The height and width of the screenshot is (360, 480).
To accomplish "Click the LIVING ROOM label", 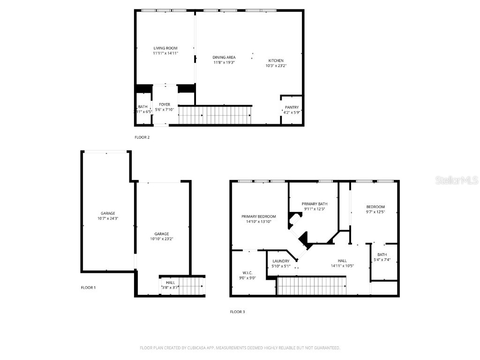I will pyautogui.click(x=165, y=48).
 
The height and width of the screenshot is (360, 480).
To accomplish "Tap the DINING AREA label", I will pyautogui.click(x=224, y=57).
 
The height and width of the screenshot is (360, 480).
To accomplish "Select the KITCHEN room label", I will pyautogui.click(x=276, y=60).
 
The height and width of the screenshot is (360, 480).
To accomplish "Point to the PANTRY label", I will pyautogui.click(x=292, y=107).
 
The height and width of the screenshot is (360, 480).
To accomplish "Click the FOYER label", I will pyautogui.click(x=165, y=105).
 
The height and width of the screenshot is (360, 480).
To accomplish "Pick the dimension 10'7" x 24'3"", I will pyautogui.click(x=107, y=218).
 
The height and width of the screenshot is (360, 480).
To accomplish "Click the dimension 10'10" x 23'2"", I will pyautogui.click(x=162, y=239).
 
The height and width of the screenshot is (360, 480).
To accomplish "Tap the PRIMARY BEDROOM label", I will pyautogui.click(x=259, y=217).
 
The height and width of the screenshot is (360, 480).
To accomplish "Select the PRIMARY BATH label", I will pyautogui.click(x=315, y=204).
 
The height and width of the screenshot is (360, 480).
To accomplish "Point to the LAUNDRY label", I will pyautogui.click(x=281, y=261).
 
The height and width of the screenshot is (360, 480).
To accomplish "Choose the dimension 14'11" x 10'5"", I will pyautogui.click(x=342, y=266).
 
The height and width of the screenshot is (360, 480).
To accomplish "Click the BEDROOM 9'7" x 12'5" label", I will pyautogui.click(x=375, y=207).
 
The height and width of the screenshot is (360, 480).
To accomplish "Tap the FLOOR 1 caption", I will pyautogui.click(x=88, y=287).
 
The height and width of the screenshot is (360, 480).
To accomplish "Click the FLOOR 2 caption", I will pyautogui.click(x=142, y=137).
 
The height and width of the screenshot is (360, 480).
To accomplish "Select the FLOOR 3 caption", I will pyautogui.click(x=237, y=312).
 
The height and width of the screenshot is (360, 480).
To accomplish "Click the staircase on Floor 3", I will pyautogui.click(x=312, y=285).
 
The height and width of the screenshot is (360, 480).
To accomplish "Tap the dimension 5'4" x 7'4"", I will pyautogui.click(x=382, y=260).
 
